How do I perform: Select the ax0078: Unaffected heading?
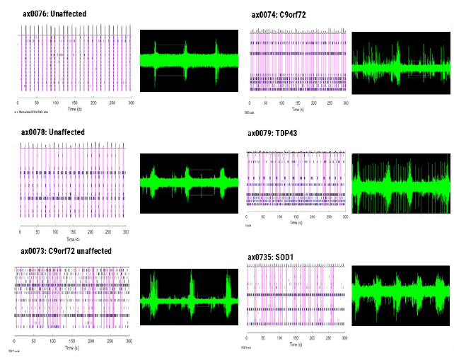coord(52,132)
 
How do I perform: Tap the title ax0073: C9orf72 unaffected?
coord(66,252)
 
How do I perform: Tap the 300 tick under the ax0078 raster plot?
coord(125,232)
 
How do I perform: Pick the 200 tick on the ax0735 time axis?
coord(312,340)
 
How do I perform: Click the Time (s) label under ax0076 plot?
coord(74,110)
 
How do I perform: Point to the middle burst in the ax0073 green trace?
coord(191,297)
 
